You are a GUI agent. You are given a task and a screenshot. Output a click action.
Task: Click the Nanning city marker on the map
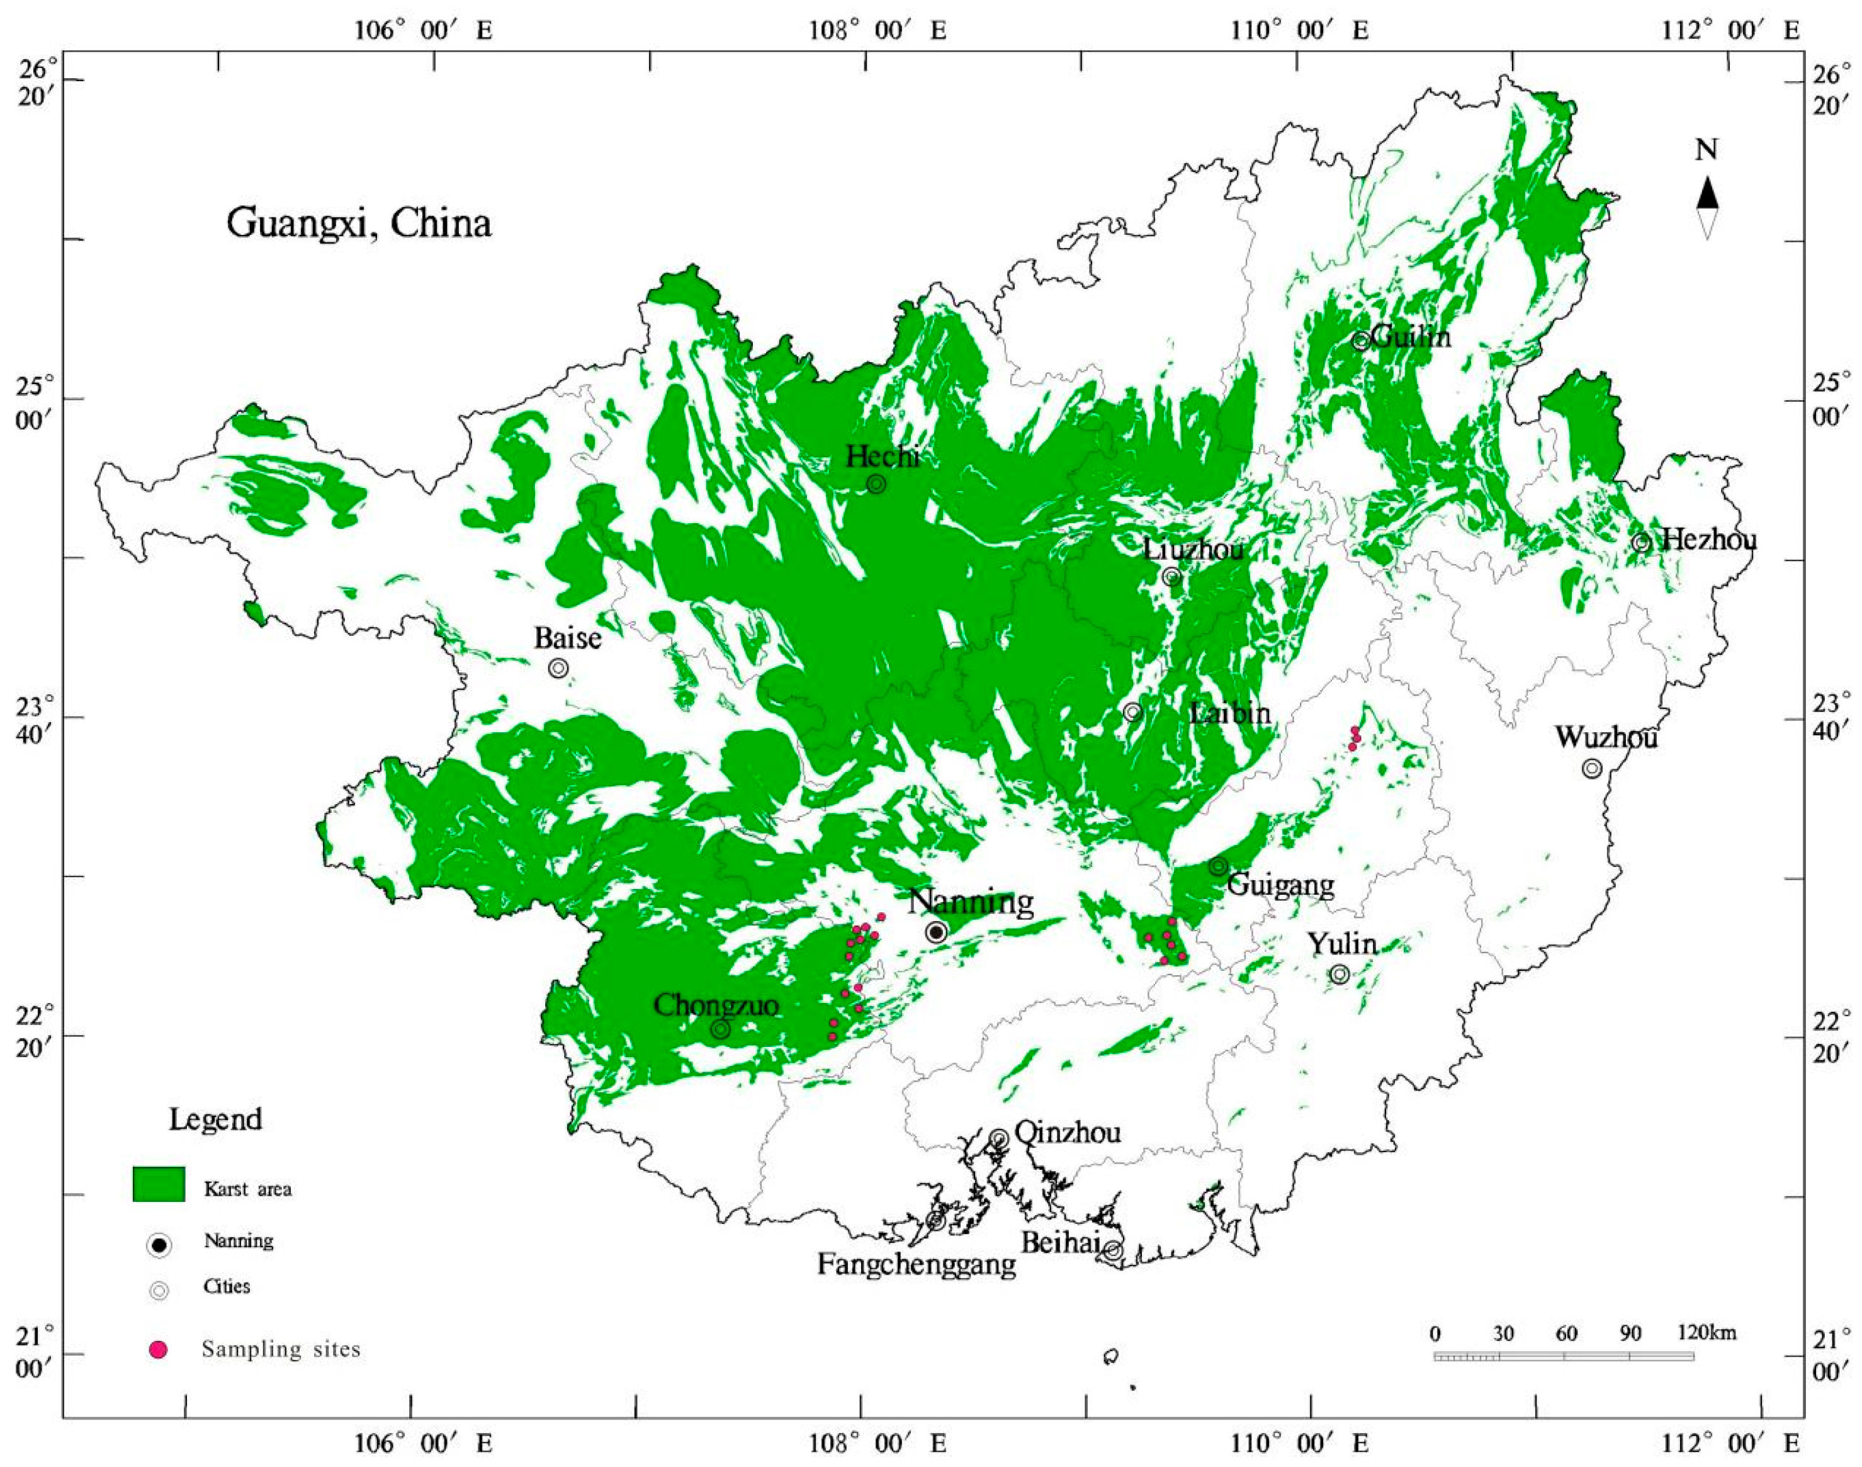937,932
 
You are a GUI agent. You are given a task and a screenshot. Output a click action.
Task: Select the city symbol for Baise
558,667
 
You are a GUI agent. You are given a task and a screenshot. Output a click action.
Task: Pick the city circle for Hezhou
1641,542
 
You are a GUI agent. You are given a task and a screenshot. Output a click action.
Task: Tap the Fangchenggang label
917,1264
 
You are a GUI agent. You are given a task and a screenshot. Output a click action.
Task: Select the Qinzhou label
1068,1132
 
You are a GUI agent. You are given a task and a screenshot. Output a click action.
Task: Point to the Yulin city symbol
1340,974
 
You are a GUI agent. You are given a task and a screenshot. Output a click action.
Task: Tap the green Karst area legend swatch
159,1184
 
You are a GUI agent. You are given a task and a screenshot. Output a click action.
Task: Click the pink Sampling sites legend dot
158,1349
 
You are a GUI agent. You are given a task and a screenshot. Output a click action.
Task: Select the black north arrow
1707,193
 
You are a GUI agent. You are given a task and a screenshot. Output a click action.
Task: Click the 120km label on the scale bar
1707,1333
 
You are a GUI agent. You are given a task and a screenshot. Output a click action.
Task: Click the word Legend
215,1119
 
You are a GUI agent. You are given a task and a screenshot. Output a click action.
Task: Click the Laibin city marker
1133,712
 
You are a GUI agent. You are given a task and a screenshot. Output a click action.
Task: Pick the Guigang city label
1280,884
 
